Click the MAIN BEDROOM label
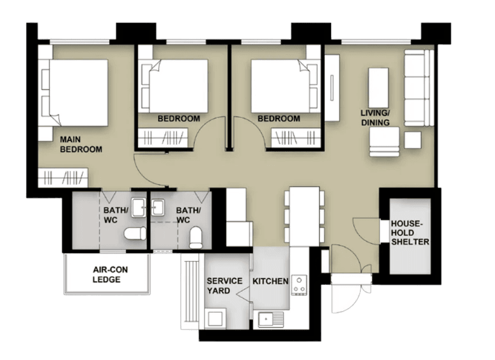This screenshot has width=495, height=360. (x=81, y=144)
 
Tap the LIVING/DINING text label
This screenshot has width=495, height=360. (x=375, y=117)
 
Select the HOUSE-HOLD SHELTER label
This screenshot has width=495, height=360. (x=409, y=232)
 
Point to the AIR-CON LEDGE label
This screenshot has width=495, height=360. (x=106, y=274)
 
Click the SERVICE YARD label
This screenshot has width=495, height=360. (x=224, y=285)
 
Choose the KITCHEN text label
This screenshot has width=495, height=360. (x=270, y=281)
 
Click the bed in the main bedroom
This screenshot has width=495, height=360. (x=75, y=92)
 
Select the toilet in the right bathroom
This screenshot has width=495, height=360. (x=196, y=236)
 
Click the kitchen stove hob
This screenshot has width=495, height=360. (x=299, y=284)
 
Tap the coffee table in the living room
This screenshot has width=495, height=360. (x=378, y=85)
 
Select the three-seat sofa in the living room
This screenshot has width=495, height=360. (x=418, y=87)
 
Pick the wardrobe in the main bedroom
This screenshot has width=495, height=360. (x=63, y=177)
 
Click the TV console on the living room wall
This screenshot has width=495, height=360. (x=333, y=87)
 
